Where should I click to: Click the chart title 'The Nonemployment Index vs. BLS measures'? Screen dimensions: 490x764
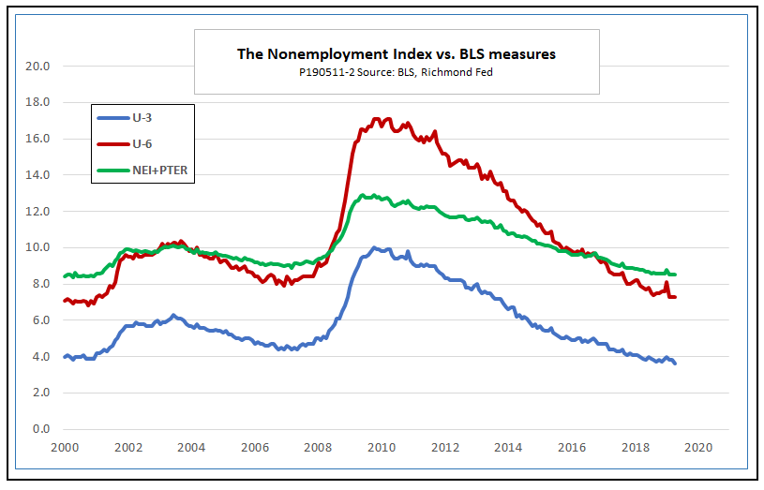click(396, 54)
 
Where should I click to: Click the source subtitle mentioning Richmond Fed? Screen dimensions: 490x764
click(396, 72)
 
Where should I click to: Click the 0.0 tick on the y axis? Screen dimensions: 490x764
click(40, 429)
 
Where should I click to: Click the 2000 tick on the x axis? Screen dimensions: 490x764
click(63, 448)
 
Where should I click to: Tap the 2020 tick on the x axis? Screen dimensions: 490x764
click(699, 448)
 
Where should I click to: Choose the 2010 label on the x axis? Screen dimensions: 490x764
click(382, 448)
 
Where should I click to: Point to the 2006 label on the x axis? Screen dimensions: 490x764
click(254, 448)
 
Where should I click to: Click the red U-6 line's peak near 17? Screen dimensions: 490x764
click(376, 119)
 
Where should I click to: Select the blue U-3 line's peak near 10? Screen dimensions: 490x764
click(375, 248)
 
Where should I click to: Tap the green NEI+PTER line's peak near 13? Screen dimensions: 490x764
click(374, 196)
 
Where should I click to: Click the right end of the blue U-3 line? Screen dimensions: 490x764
click(675, 364)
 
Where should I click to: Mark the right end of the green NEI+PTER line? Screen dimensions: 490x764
click(675, 275)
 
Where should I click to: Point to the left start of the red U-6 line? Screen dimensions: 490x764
click(64, 301)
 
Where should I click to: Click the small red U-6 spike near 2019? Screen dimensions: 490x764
click(666, 283)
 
